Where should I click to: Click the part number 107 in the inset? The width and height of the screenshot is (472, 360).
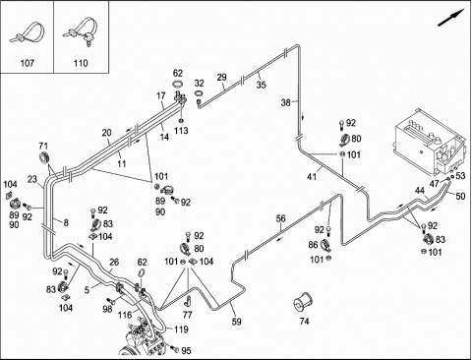(x=28, y=63)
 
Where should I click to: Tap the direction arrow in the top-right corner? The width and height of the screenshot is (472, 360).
(x=451, y=18)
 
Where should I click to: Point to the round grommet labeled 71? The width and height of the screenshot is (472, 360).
(x=43, y=157)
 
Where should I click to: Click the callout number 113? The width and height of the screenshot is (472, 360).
(x=181, y=131)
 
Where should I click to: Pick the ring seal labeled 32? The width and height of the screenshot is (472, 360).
(x=199, y=93)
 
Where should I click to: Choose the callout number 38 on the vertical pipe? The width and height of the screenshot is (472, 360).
(x=286, y=103)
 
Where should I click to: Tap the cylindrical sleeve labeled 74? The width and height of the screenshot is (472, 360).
(x=303, y=303)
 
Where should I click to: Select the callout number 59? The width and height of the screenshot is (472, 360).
(x=236, y=322)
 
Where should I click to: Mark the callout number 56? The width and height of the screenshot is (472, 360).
(x=281, y=218)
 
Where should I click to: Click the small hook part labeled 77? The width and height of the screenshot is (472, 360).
(x=189, y=300)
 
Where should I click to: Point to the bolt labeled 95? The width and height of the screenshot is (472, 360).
(x=174, y=349)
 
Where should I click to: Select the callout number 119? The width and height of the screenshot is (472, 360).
(x=181, y=330)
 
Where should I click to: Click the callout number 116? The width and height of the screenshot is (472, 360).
(x=125, y=315)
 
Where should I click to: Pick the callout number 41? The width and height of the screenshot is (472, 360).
(x=312, y=177)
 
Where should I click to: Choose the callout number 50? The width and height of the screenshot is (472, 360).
(x=460, y=196)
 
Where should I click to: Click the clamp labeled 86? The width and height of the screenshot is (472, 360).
(x=325, y=245)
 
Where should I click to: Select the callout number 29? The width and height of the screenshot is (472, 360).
(x=222, y=78)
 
